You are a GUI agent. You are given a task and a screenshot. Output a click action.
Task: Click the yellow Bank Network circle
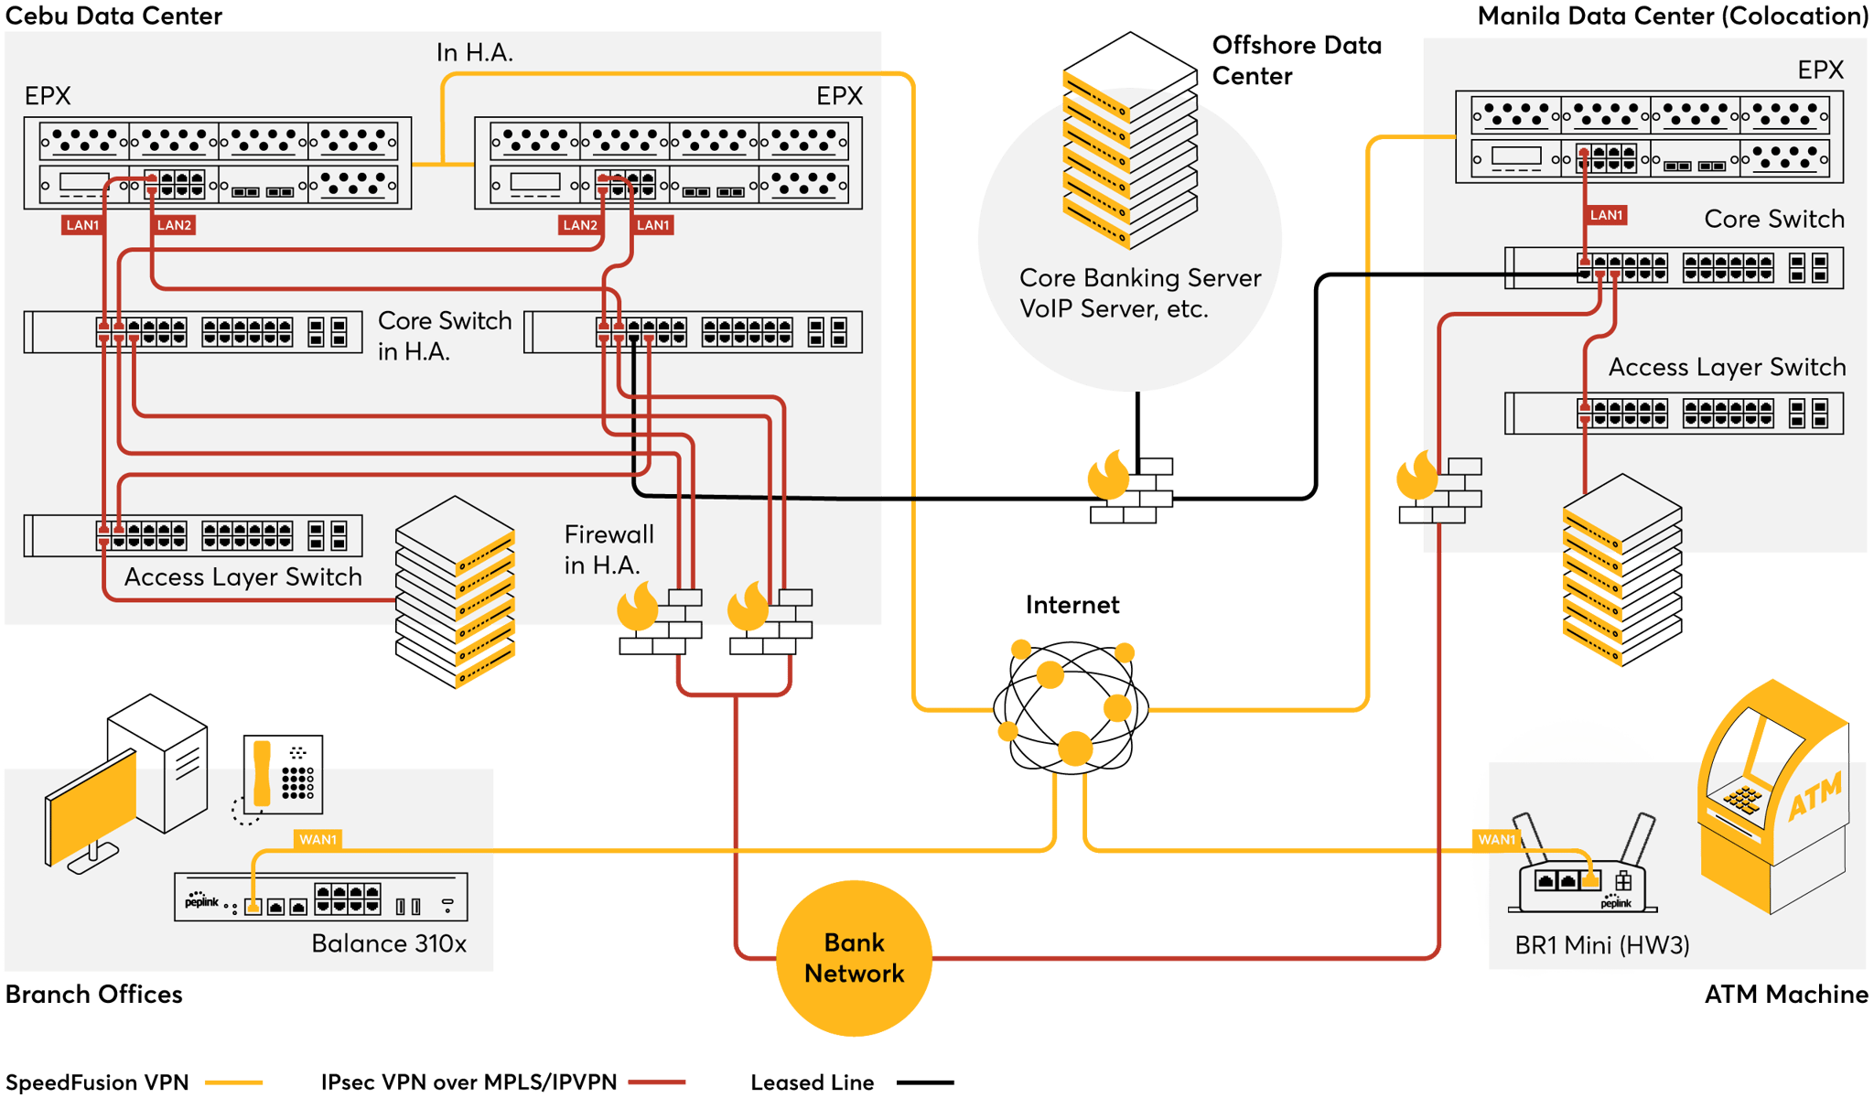tap(854, 958)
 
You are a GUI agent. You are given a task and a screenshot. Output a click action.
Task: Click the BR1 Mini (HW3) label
tap(1601, 945)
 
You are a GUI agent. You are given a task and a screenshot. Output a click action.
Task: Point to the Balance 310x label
tap(389, 943)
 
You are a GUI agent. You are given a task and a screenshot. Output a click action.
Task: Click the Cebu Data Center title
tap(114, 16)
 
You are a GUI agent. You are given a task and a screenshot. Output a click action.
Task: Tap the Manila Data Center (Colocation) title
tap(1673, 16)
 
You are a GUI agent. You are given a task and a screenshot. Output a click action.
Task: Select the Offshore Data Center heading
tap(1297, 60)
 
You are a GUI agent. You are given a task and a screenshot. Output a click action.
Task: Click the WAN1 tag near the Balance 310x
tap(318, 839)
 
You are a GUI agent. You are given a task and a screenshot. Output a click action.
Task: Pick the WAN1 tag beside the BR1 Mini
tap(1496, 839)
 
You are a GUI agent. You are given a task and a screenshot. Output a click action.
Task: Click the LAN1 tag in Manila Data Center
tap(1606, 215)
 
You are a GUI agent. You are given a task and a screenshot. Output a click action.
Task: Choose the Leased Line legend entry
tap(812, 1082)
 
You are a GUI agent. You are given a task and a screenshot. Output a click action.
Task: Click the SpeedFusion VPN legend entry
tap(97, 1082)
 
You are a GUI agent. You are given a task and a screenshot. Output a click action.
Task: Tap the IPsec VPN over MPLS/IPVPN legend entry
tap(468, 1082)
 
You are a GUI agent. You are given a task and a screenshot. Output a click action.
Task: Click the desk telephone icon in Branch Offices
tap(282, 774)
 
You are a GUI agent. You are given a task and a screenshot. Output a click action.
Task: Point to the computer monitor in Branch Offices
tap(92, 810)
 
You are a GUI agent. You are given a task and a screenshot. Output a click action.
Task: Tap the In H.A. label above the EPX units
tap(474, 53)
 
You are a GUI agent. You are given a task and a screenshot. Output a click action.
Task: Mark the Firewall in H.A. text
tap(609, 549)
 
